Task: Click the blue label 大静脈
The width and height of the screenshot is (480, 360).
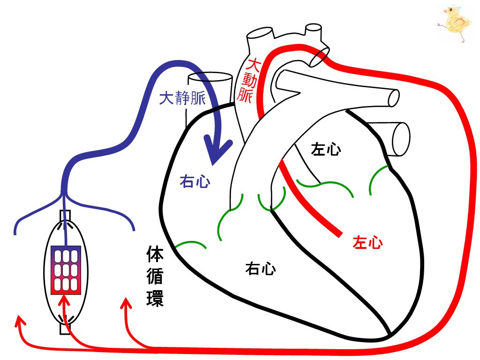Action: [x=182, y=98]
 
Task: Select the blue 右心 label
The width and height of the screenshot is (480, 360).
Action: [x=195, y=181]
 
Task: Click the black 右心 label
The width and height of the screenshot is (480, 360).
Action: [x=261, y=269]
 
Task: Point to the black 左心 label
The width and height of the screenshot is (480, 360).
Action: [x=326, y=149]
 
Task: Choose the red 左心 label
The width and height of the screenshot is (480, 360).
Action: [x=367, y=242]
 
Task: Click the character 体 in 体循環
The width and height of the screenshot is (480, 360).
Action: [x=155, y=254]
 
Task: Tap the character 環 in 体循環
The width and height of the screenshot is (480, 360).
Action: [x=155, y=298]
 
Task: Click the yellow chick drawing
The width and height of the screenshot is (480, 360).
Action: [x=455, y=23]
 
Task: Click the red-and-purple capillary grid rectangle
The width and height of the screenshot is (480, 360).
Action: [x=66, y=270]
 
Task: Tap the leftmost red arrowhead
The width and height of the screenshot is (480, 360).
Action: [x=20, y=322]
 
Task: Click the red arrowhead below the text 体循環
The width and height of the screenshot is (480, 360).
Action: [x=126, y=303]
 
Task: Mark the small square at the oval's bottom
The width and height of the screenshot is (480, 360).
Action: [x=65, y=329]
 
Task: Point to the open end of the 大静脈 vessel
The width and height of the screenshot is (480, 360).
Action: [x=210, y=77]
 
